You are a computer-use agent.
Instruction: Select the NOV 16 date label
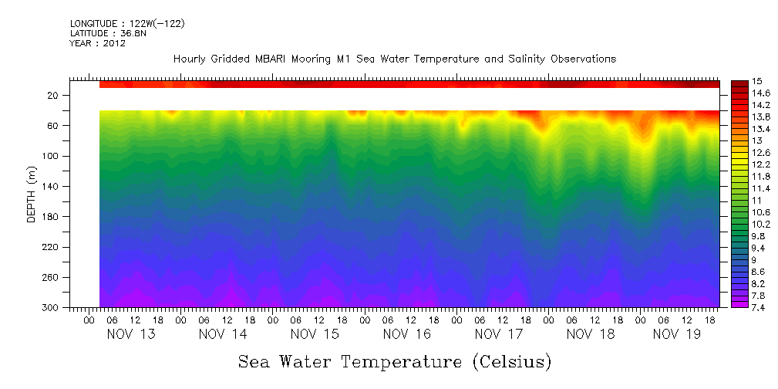coord(406,334)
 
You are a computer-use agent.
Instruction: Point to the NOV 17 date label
coord(499,334)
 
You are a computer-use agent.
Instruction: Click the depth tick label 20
coord(54,95)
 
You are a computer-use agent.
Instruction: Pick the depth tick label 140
coord(52,186)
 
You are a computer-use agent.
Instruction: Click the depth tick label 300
coord(52,307)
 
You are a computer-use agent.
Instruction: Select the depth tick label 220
coord(52,247)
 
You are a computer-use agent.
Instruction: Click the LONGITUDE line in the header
coord(126,24)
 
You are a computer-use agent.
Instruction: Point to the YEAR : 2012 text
coord(97,43)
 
